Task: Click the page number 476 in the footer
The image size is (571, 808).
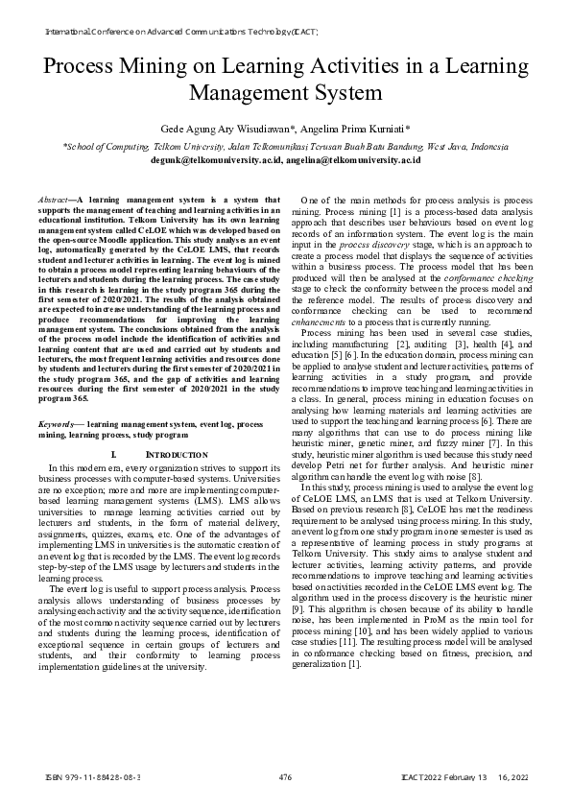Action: (x=284, y=776)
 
